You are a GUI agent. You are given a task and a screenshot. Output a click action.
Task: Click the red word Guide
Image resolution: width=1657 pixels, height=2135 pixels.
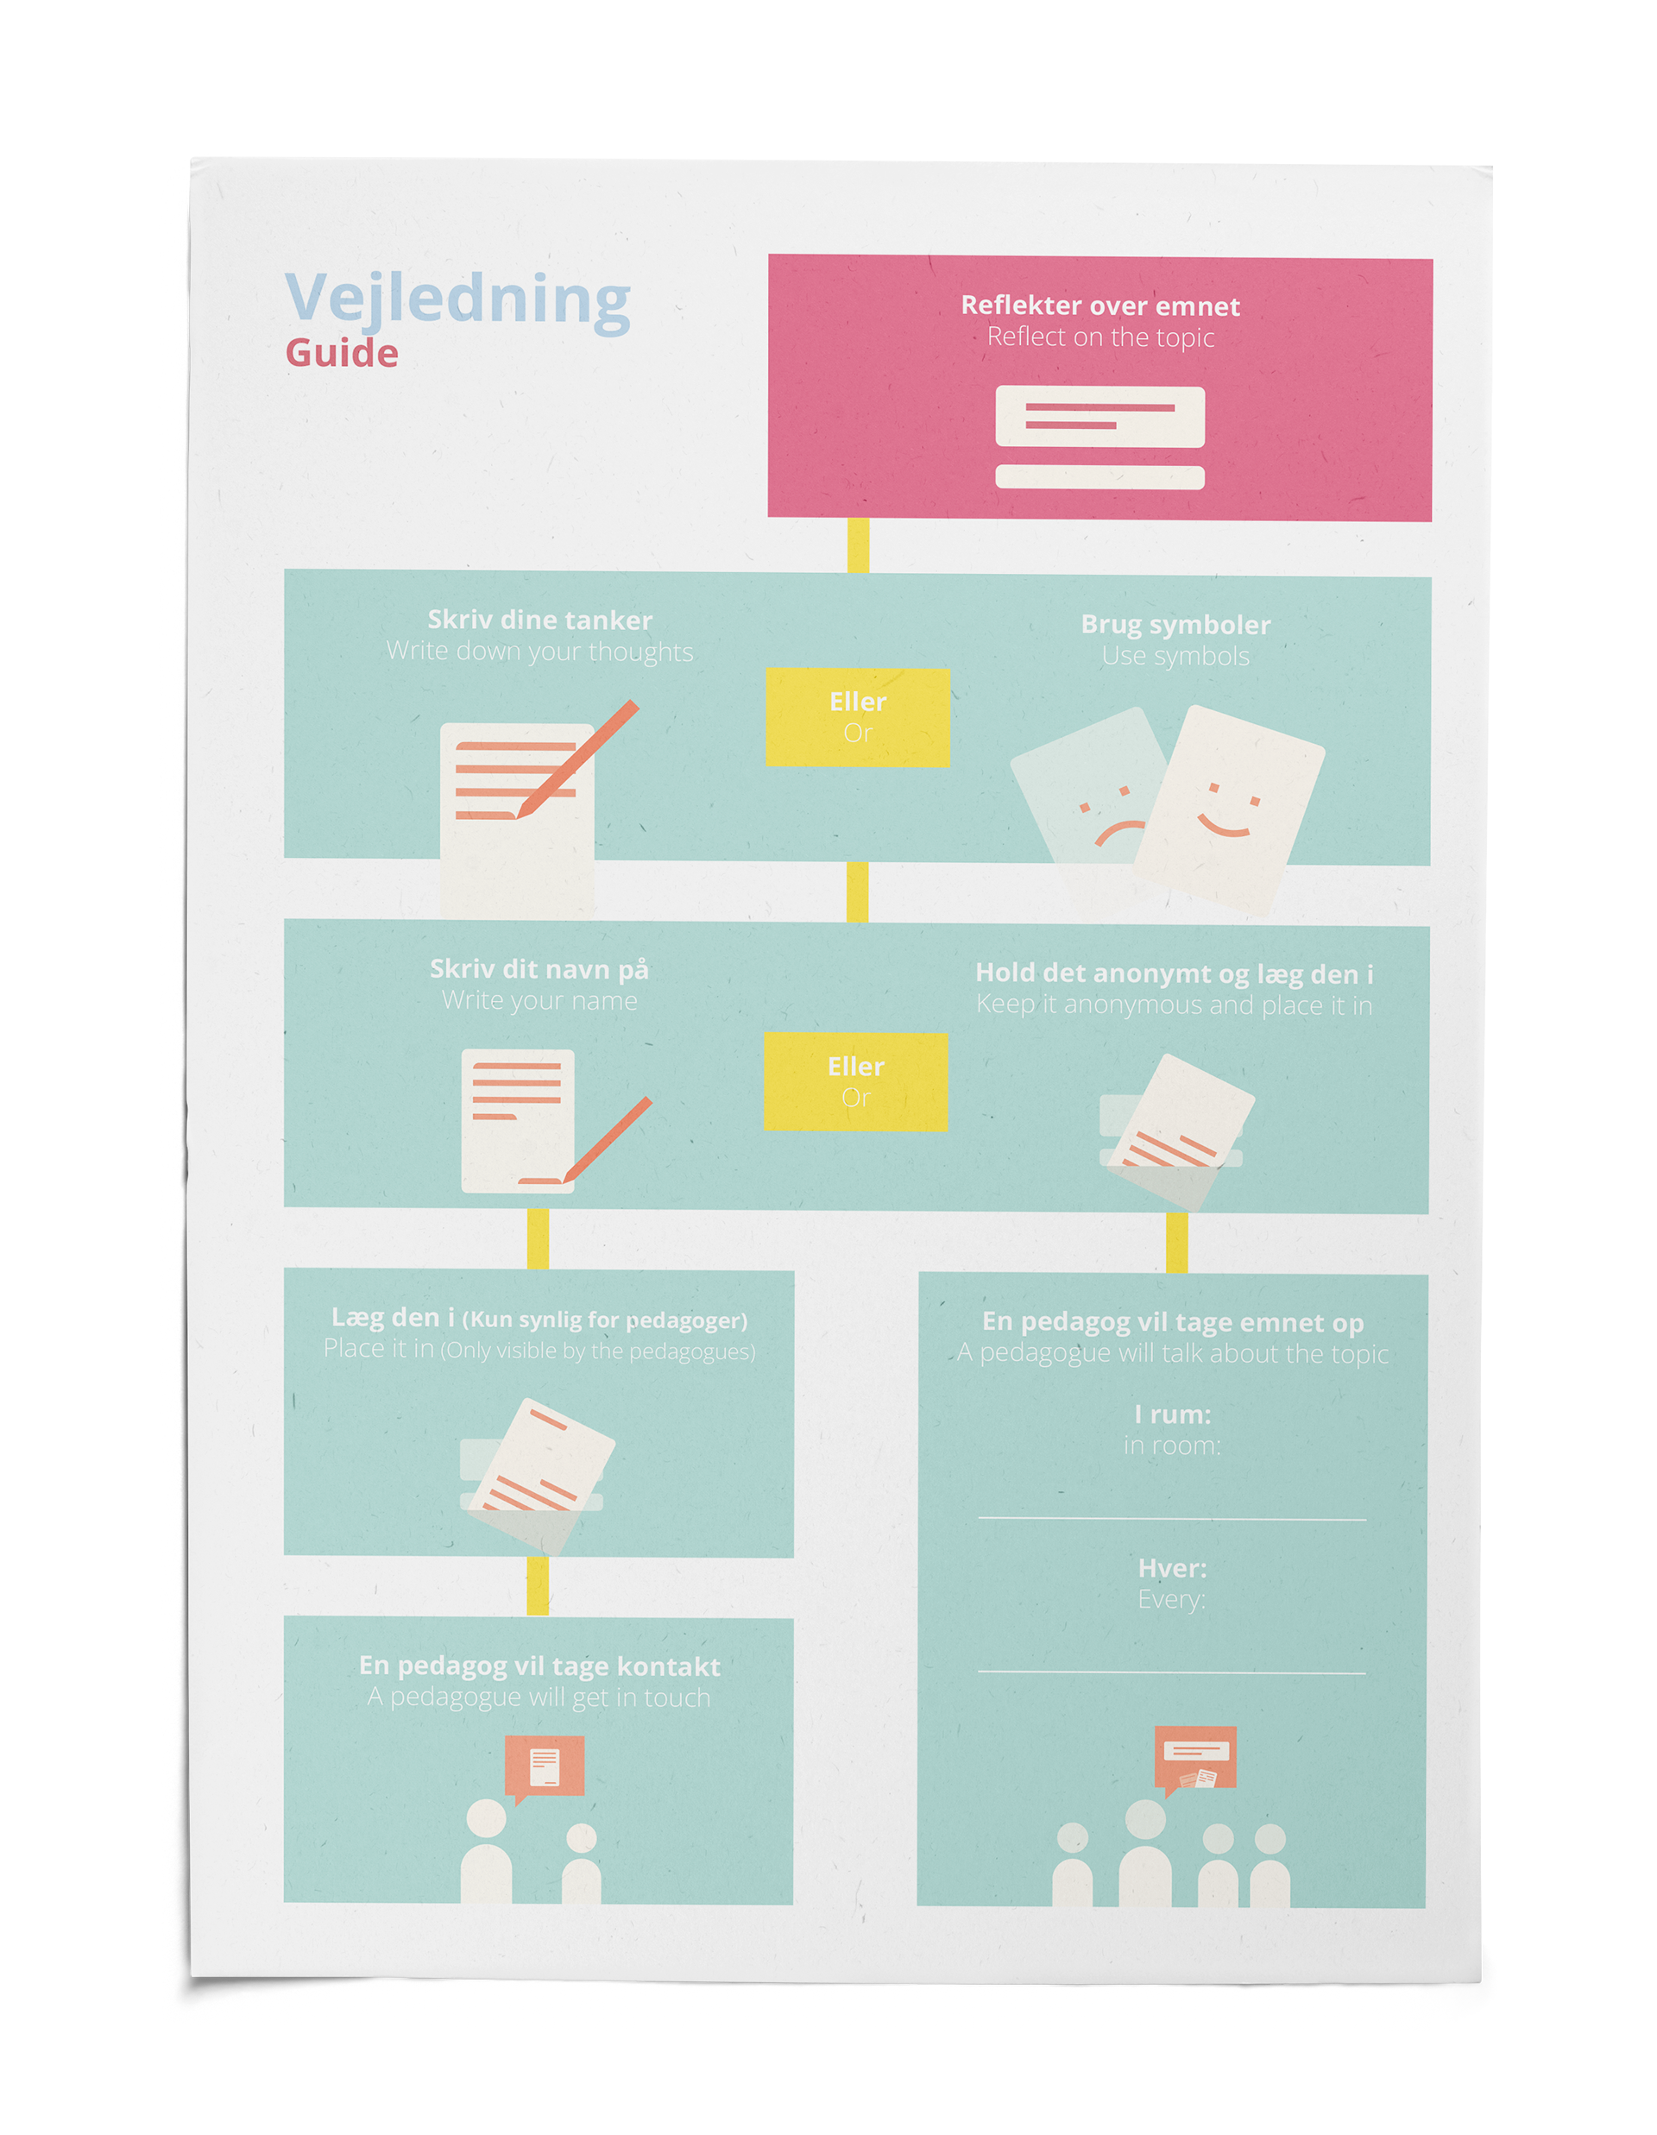tap(342, 354)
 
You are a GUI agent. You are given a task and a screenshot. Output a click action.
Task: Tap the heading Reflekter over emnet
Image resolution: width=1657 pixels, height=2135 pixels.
tap(1099, 306)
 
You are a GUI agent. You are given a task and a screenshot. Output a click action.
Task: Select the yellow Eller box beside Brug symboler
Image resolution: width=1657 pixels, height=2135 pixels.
tap(857, 716)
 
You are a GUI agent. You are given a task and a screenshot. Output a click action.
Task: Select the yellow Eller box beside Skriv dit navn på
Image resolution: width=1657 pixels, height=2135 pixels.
tap(855, 1081)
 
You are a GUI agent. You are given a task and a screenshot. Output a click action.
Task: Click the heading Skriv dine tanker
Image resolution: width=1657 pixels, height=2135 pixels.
tap(539, 620)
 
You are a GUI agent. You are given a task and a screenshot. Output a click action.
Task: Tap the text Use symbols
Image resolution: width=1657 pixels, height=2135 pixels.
tap(1175, 656)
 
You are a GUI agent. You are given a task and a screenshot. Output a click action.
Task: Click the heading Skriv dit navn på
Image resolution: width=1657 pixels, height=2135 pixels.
tap(539, 969)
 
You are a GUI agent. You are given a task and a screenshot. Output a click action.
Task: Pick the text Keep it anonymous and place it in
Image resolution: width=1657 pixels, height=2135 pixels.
tap(1174, 1005)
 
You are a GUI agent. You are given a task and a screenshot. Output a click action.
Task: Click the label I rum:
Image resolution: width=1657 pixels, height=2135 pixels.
tap(1172, 1414)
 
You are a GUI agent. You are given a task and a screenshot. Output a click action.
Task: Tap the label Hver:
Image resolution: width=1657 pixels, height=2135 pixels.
tap(1172, 1568)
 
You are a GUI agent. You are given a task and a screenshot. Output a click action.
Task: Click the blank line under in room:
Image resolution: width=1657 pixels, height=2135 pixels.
tap(1172, 1519)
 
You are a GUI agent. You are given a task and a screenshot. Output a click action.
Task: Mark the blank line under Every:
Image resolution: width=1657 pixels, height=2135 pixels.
tap(1172, 1672)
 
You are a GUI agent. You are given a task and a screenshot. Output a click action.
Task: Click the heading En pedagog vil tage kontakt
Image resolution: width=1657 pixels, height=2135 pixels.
tap(539, 1666)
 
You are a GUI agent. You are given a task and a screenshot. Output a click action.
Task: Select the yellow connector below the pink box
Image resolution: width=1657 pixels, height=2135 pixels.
tap(859, 545)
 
